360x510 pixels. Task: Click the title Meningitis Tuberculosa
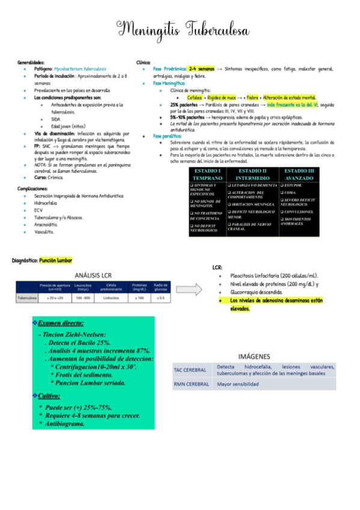[180, 29]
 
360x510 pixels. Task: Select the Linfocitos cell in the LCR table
[111, 298]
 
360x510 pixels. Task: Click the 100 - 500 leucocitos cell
[83, 298]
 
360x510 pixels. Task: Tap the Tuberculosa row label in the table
[28, 298]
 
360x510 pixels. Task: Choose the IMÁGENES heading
[255, 356]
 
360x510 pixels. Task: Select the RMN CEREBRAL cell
[191, 384]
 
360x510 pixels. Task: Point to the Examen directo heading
[61, 324]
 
